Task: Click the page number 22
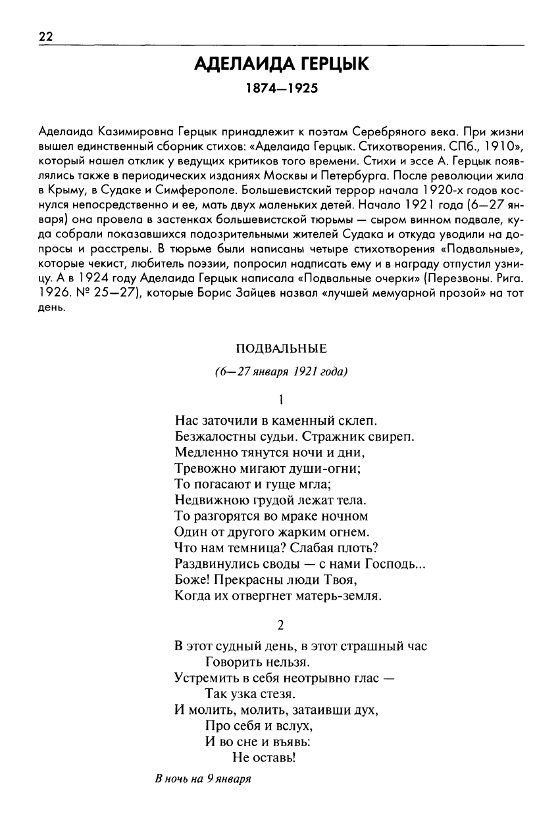coord(45,37)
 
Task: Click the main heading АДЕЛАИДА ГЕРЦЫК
coord(281,65)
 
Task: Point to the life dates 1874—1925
coord(281,88)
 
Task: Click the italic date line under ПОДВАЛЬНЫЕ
coord(281,371)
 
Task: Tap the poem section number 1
coord(281,398)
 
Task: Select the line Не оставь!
coord(265,758)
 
